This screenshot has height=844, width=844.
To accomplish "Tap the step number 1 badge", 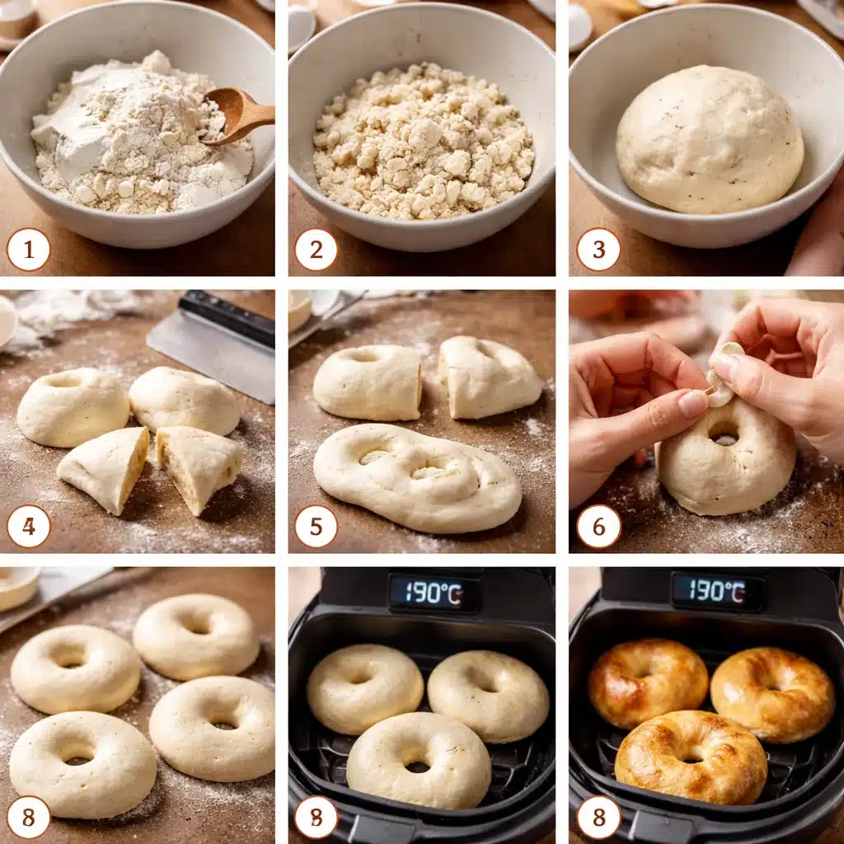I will [x=28, y=249].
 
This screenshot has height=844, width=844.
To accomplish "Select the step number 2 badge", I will [x=315, y=249].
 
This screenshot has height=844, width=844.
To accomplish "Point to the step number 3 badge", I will [x=598, y=249].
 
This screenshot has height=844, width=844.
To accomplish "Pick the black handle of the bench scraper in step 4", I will [x=227, y=318].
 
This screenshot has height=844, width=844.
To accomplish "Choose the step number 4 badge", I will [x=28, y=526].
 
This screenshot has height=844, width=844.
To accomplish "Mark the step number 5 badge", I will [x=315, y=526].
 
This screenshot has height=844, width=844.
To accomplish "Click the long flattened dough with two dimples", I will [x=416, y=478].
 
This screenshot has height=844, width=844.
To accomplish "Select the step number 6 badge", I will [x=598, y=526].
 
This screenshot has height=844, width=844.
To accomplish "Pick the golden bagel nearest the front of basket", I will [x=691, y=757].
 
